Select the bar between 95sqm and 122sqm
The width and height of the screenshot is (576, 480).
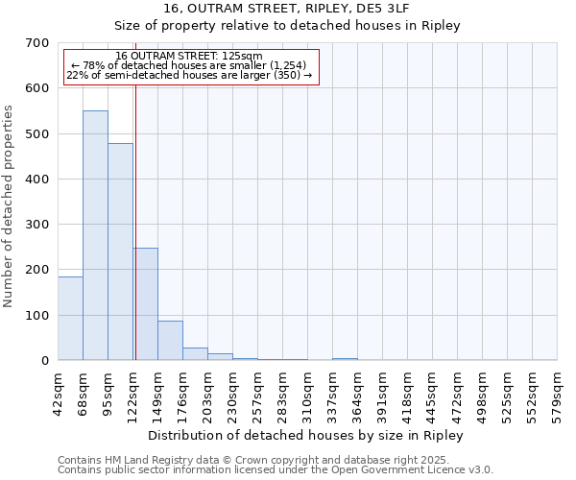click(x=120, y=252)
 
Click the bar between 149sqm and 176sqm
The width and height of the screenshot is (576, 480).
click(x=170, y=341)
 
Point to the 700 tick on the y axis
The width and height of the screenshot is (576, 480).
click(x=37, y=43)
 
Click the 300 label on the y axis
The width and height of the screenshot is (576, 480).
click(x=37, y=225)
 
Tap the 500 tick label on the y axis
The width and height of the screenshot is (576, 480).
click(x=37, y=133)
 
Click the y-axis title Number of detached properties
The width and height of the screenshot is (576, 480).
click(x=10, y=206)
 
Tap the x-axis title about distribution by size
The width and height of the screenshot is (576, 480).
click(x=306, y=436)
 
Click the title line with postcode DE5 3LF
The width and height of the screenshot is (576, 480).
click(x=287, y=8)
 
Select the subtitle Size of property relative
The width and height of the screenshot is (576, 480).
click(x=287, y=25)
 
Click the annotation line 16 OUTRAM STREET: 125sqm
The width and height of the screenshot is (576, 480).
click(x=189, y=57)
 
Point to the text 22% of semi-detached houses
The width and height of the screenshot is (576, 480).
click(x=189, y=75)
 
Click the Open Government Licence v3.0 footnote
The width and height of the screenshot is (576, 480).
click(x=276, y=469)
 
